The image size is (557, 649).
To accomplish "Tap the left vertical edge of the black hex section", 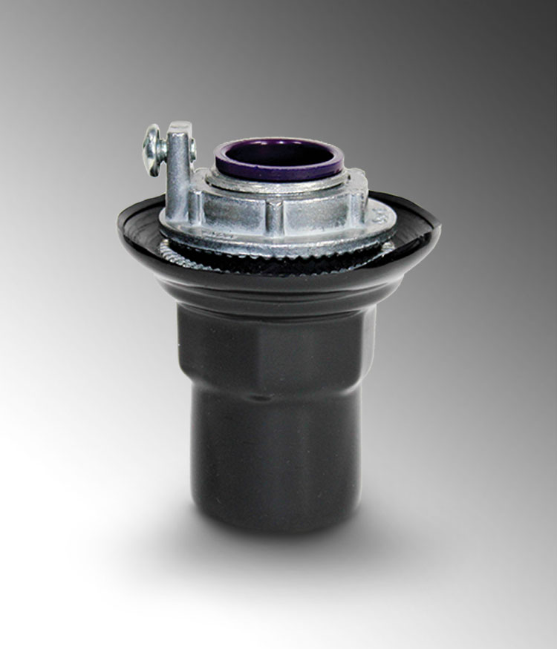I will point(180,349).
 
